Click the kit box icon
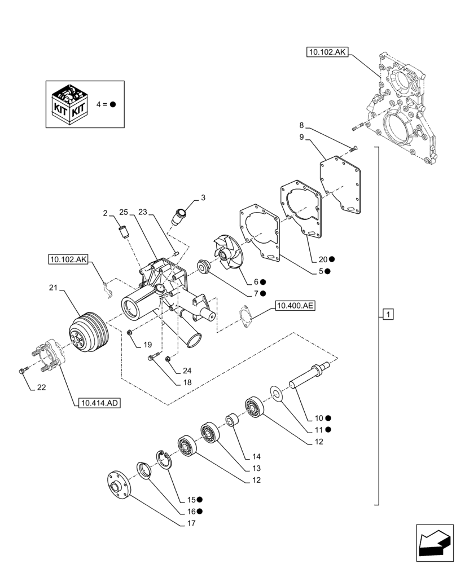click(x=70, y=105)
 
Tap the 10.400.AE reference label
click(x=295, y=306)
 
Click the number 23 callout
click(x=143, y=212)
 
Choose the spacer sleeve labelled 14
click(x=231, y=421)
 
